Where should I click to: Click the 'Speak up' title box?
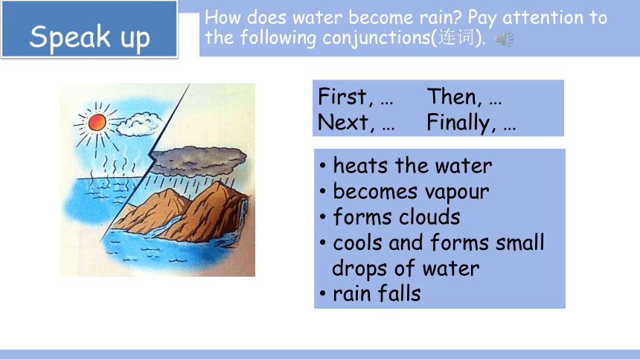click(x=89, y=29)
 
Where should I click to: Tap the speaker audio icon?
click(x=505, y=39)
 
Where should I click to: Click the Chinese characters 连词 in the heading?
click(x=456, y=37)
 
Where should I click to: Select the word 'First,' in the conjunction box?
click(x=345, y=97)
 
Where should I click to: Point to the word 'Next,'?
click(x=346, y=122)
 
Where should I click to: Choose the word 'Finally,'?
click(x=461, y=123)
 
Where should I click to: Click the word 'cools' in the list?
click(x=357, y=242)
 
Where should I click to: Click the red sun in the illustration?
click(x=97, y=122)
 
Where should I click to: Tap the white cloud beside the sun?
click(x=138, y=124)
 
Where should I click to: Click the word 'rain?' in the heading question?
click(x=440, y=18)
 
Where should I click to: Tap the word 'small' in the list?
click(x=520, y=242)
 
